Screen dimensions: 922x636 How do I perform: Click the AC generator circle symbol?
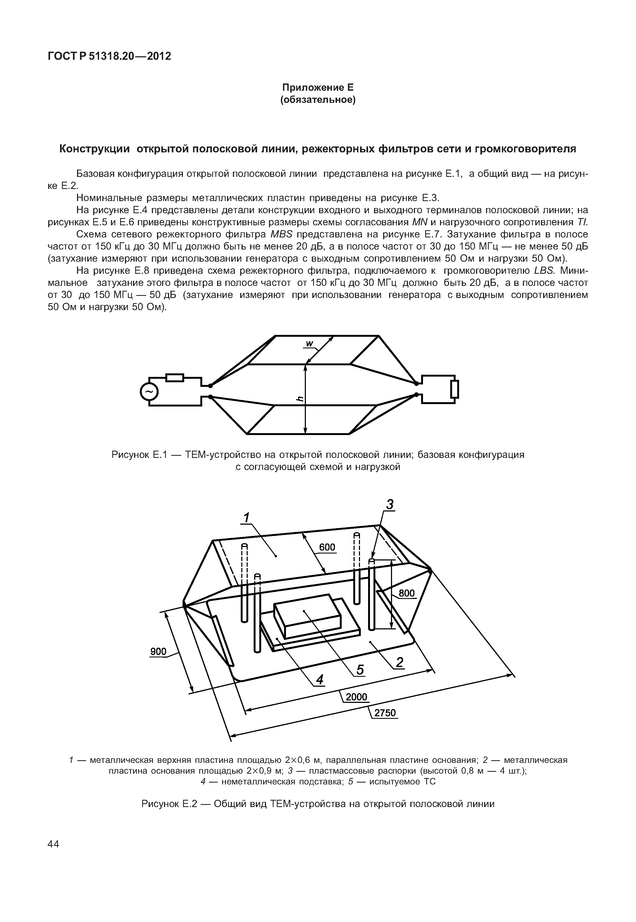[149, 393]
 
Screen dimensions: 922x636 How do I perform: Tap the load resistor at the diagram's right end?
[455, 389]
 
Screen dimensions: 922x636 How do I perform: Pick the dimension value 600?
[327, 547]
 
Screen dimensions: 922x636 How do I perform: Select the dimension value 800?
[407, 593]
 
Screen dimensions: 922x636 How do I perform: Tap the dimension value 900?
[158, 651]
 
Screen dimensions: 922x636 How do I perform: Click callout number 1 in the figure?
[247, 518]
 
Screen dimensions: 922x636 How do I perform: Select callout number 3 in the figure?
[390, 505]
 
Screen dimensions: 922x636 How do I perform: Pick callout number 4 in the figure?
[319, 679]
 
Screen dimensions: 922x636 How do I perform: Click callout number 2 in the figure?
[399, 662]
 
